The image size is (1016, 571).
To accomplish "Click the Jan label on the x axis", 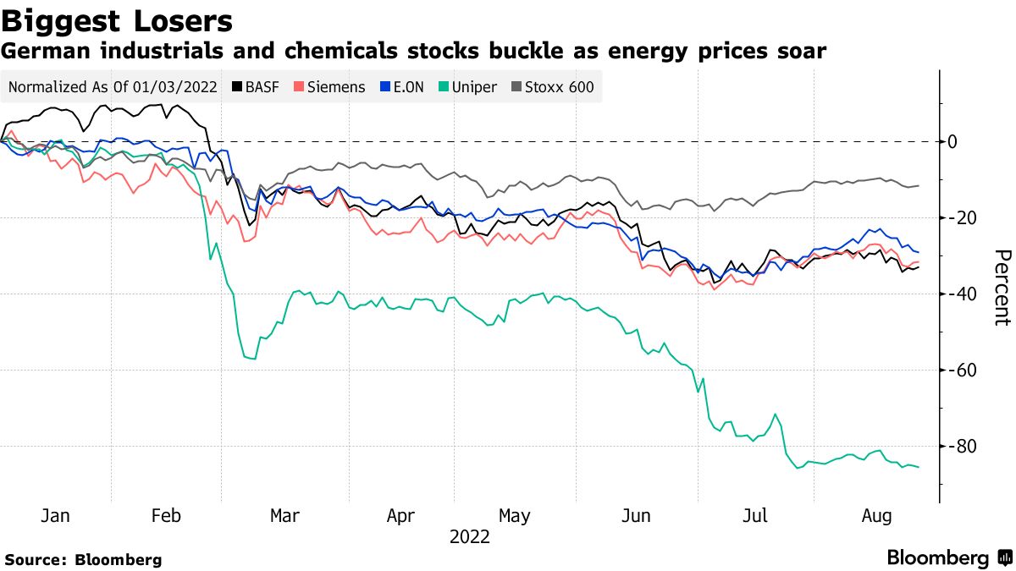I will click(x=56, y=516).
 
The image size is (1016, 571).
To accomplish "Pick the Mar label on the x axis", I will click(x=284, y=516).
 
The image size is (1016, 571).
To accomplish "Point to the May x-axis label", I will click(x=515, y=516).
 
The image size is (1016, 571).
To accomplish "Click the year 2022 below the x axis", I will click(x=469, y=536).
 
